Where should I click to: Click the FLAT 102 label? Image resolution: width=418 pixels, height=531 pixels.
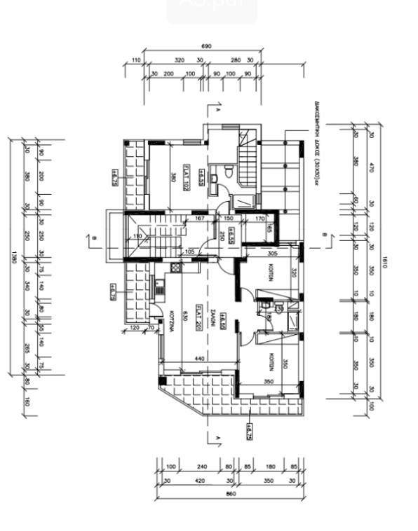tap(187, 177)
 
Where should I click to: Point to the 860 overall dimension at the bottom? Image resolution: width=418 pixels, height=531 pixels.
tap(231, 494)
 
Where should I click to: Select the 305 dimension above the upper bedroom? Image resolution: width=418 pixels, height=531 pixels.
tap(274, 252)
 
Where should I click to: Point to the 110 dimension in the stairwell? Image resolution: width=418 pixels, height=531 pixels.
tap(137, 236)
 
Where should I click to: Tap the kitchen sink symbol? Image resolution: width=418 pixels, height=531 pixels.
tap(159, 286)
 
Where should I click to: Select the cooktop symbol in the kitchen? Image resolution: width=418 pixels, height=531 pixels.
tap(173, 269)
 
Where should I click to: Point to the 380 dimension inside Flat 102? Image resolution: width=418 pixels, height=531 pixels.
tap(173, 177)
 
